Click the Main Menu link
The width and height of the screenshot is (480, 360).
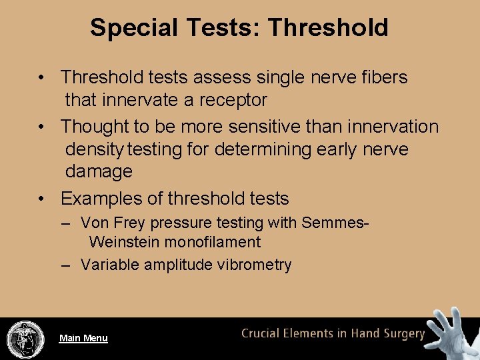83,338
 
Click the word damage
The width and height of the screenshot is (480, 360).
99,171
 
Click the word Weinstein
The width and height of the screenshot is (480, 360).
125,242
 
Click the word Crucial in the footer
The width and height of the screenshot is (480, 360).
265,334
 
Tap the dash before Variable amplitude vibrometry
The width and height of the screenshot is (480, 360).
65,265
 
